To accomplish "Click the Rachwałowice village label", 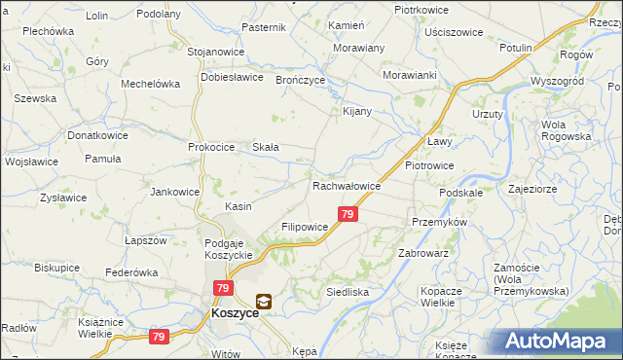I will tap(347, 186).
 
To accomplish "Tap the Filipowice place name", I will tap(305, 227).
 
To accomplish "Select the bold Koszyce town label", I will tap(234, 315).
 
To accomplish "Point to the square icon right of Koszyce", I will tap(264, 302).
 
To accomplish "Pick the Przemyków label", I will tap(440, 222).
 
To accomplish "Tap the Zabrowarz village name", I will tap(422, 252).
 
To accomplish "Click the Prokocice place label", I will tap(212, 147).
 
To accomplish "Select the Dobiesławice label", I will tap(232, 76).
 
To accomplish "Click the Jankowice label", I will tap(174, 192).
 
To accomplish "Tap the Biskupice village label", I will tap(56, 267).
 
